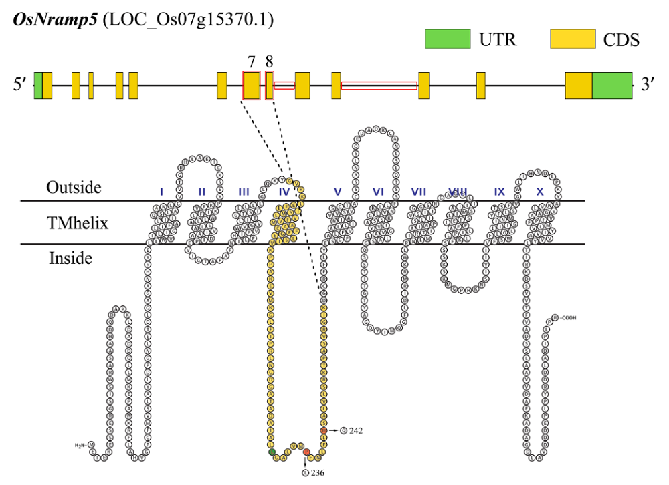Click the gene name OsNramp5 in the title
pyautogui.click(x=55, y=20)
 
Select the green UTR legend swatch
pyautogui.click(x=448, y=39)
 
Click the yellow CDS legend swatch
pyautogui.click(x=573, y=39)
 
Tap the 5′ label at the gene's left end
pyautogui.click(x=21, y=86)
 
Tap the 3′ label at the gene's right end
pyautogui.click(x=648, y=86)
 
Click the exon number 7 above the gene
pyautogui.click(x=251, y=61)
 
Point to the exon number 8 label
pyautogui.click(x=269, y=61)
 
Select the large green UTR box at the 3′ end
pyautogui.click(x=612, y=86)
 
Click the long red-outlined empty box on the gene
pyautogui.click(x=379, y=86)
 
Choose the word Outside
pyautogui.click(x=74, y=188)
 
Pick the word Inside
pyautogui.click(x=70, y=257)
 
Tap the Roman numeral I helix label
pyautogui.click(x=161, y=192)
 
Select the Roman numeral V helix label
pyautogui.click(x=338, y=192)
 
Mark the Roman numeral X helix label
pyautogui.click(x=540, y=192)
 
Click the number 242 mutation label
pyautogui.click(x=355, y=430)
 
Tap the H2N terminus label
pyautogui.click(x=80, y=444)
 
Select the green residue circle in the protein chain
pyautogui.click(x=272, y=452)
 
